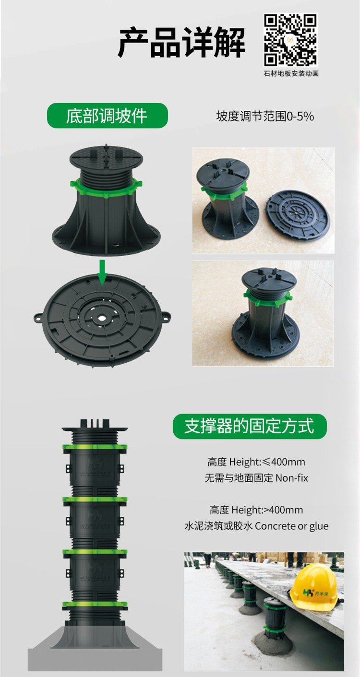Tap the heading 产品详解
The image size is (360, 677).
181,43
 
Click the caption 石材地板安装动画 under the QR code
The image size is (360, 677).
291,73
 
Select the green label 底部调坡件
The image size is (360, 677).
107,116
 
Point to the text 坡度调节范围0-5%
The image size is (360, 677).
265,116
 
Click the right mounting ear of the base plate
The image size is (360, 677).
166,316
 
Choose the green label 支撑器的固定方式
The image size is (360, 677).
250,426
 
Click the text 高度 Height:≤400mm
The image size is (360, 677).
256,462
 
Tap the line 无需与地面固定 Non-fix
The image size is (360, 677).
256,478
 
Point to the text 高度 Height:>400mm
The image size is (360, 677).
256,510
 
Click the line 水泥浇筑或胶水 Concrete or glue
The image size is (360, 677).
256,526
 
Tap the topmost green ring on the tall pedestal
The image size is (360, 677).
95,447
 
